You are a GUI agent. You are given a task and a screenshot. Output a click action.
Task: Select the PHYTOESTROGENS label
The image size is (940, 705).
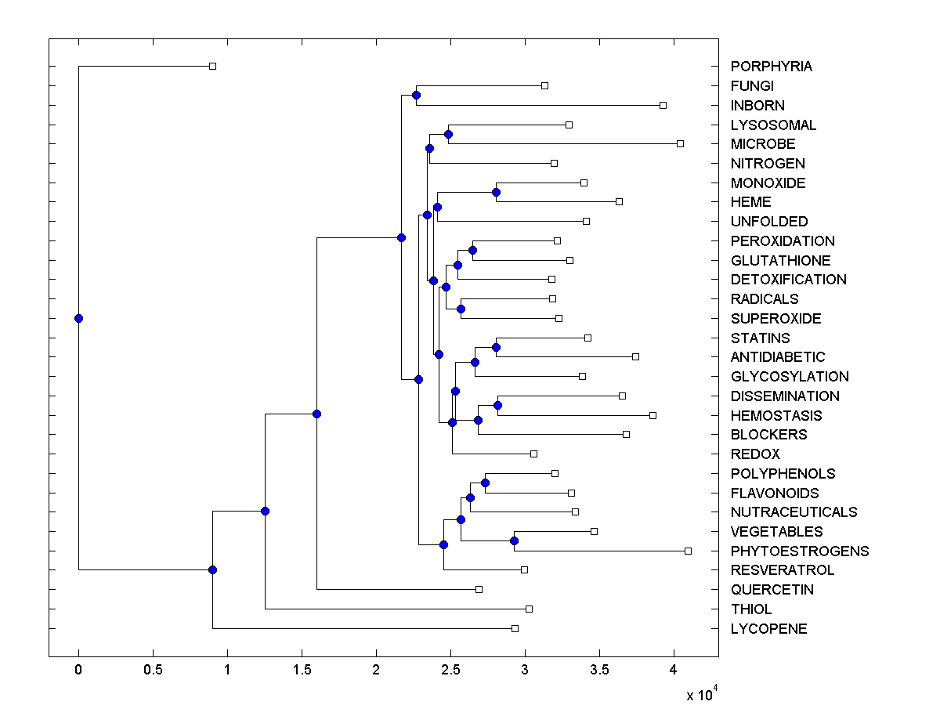pos(800,551)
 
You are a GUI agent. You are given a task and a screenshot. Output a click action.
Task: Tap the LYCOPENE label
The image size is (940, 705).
pos(768,628)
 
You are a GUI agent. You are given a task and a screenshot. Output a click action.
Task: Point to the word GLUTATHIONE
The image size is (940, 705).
pos(780,260)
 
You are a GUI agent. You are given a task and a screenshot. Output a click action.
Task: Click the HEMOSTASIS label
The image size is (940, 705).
pos(776,415)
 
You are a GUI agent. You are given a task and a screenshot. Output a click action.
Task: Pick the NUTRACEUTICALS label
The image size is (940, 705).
pos(794,512)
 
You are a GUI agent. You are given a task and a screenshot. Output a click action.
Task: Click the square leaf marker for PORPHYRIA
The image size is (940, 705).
pos(212,66)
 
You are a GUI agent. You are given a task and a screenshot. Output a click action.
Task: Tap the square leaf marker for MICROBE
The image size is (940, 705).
pos(680,143)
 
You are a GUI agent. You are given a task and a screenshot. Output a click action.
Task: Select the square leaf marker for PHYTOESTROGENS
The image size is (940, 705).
pos(688,551)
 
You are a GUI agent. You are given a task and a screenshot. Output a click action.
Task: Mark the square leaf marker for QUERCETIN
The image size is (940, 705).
pos(479,589)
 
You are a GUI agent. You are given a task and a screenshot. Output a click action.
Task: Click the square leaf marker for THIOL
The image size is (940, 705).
pos(529,609)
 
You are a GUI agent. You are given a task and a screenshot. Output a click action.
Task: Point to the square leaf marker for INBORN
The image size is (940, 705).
pos(663,105)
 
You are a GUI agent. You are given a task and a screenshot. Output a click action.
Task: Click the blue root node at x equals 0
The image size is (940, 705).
pos(78,318)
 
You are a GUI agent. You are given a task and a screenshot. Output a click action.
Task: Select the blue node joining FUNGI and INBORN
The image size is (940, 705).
pos(416,95)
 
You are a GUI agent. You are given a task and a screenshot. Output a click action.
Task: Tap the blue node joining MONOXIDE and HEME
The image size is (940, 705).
pos(496,192)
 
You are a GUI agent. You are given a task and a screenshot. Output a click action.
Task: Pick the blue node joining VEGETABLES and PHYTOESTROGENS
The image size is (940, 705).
pos(514,540)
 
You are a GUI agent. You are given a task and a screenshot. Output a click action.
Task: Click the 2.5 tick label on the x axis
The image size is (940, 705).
pos(450,670)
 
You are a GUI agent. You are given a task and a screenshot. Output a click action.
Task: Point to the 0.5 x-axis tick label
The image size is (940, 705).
pos(153,670)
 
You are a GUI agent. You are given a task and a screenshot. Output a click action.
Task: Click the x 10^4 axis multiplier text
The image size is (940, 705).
pos(700,694)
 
